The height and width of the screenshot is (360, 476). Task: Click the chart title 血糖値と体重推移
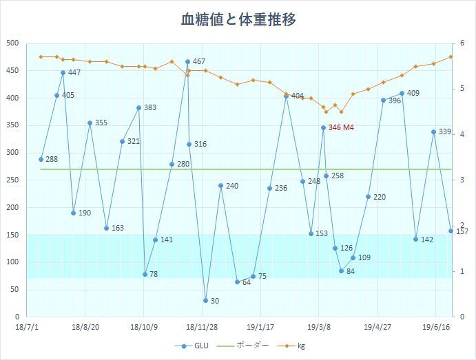coord(238,19)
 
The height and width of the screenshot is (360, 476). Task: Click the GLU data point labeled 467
coord(187,62)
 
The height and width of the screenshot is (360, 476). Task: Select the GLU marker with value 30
coord(205,300)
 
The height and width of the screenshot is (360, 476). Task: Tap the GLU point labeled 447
coord(63,72)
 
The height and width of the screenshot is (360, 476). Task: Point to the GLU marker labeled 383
coord(138,107)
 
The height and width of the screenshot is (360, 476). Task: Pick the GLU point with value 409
coord(402,93)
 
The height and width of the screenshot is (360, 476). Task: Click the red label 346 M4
coord(341,128)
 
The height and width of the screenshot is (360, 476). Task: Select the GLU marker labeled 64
coord(237,282)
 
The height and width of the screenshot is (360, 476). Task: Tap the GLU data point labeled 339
coord(433,131)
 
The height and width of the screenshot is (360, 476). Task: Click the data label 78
coord(154,275)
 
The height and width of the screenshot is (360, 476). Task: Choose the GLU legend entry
coord(193,346)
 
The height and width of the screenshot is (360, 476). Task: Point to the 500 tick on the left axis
coord(12,43)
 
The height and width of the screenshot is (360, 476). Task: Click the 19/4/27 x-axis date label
coord(377,328)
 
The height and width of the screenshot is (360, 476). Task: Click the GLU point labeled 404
coord(287,96)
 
